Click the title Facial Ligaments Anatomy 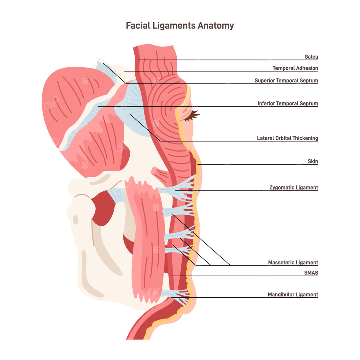(x=180, y=26)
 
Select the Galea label (x=311, y=57)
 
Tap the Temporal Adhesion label (x=295, y=68)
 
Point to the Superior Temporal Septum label (x=286, y=81)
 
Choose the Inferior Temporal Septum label (x=288, y=103)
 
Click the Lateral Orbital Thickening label (x=287, y=138)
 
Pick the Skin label (x=313, y=161)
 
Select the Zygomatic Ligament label (x=294, y=187)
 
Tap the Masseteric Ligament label (x=293, y=262)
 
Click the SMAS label (x=311, y=272)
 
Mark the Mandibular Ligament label (x=292, y=295)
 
